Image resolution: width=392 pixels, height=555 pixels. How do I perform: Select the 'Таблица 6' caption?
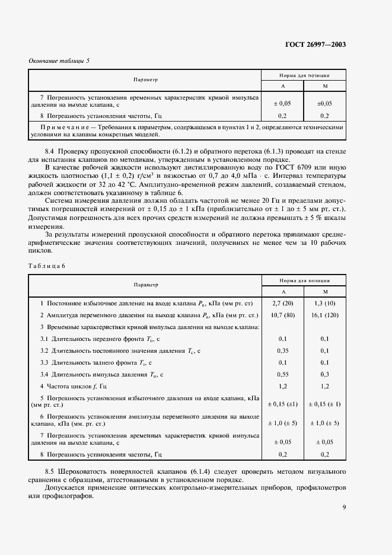click(x=47, y=265)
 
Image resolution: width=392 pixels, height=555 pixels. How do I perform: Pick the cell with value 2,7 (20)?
click(x=283, y=303)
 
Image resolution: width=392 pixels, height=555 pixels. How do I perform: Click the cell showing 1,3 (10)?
click(x=325, y=303)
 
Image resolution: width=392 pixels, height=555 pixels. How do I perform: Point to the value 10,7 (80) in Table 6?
click(x=283, y=315)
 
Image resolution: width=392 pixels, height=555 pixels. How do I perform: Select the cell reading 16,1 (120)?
click(x=325, y=315)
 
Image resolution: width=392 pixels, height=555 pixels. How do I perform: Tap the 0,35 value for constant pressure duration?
click(x=283, y=350)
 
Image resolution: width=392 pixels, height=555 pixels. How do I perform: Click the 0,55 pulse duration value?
click(x=283, y=374)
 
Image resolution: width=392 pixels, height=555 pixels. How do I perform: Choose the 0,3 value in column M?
click(x=325, y=374)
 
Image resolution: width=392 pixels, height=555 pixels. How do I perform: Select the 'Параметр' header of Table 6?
click(x=145, y=285)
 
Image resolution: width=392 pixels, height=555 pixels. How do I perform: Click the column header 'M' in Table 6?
click(x=325, y=291)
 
